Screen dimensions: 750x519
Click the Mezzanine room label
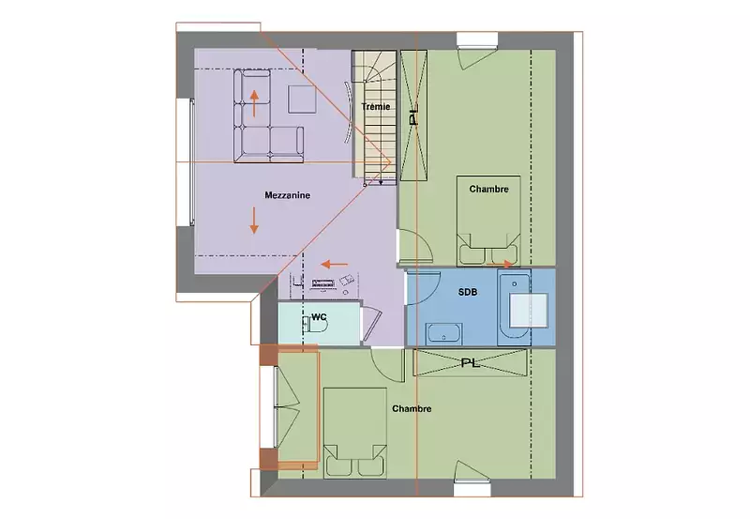(287, 195)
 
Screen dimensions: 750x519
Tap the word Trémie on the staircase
(376, 107)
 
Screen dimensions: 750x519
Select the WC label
(319, 317)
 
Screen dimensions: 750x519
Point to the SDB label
(467, 292)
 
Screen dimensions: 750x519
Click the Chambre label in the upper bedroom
(488, 190)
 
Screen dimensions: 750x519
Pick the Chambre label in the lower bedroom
(412, 409)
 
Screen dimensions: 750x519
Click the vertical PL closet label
(413, 115)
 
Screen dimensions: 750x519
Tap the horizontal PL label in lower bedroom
(471, 363)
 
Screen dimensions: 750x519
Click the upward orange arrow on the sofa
(254, 103)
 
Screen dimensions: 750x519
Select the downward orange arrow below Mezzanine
(254, 221)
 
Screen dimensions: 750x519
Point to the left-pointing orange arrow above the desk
(335, 264)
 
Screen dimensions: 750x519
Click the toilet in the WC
(316, 326)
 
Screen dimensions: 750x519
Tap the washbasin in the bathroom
(443, 333)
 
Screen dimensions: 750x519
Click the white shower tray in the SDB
(529, 311)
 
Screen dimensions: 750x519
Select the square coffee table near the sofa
(302, 99)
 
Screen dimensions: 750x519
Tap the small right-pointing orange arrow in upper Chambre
(500, 264)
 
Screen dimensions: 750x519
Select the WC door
(372, 325)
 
